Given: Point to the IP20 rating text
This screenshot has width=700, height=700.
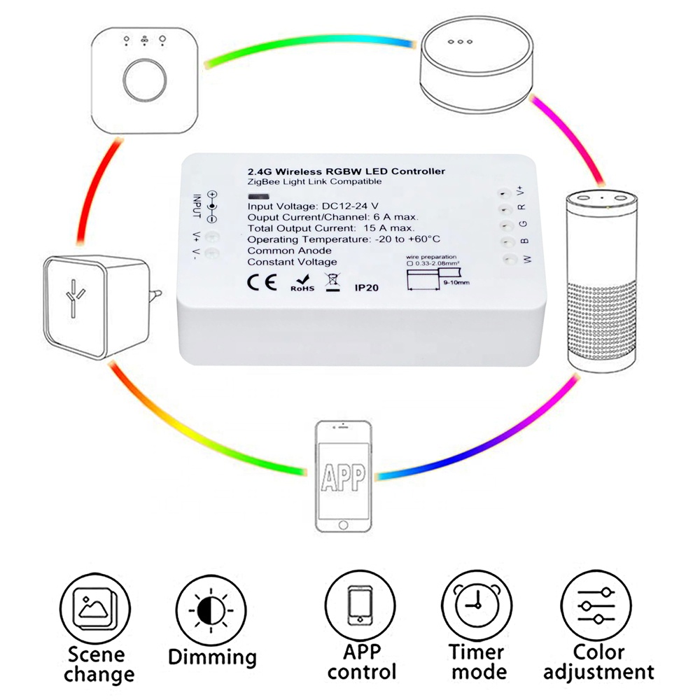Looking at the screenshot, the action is tap(366, 287).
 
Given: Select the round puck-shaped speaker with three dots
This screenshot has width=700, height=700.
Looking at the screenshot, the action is tap(466, 66).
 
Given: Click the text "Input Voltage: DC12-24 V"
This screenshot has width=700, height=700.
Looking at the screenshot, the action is tap(312, 206).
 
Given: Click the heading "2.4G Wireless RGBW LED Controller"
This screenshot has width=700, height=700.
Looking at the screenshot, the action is tap(346, 171).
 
